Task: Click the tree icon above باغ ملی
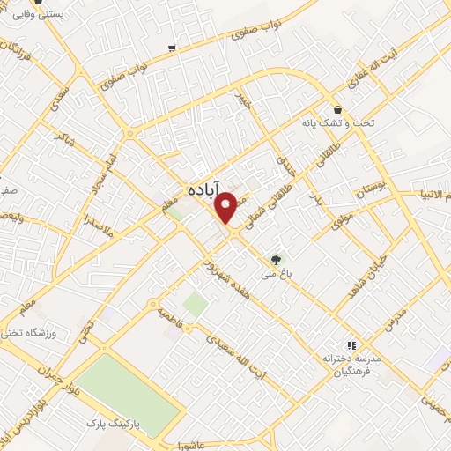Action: [x=277, y=259]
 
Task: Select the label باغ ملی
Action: [x=273, y=273]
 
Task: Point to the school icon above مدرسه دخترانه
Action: [x=351, y=345]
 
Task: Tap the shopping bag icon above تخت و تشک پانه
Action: [x=337, y=110]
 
